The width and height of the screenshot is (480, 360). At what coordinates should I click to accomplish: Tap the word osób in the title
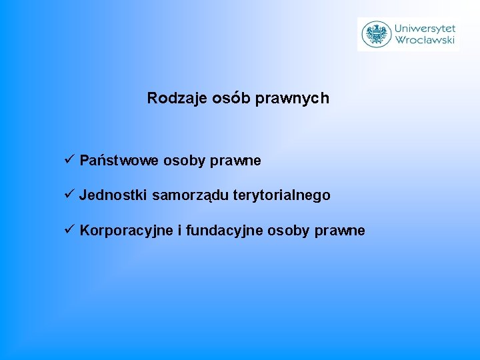point(231,99)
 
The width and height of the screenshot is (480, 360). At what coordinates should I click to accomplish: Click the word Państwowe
point(119,161)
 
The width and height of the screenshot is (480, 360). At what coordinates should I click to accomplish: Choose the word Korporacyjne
point(125,231)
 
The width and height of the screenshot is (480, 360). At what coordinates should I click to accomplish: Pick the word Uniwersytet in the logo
point(425,28)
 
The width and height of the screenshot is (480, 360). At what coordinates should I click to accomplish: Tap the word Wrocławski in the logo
point(425,40)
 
